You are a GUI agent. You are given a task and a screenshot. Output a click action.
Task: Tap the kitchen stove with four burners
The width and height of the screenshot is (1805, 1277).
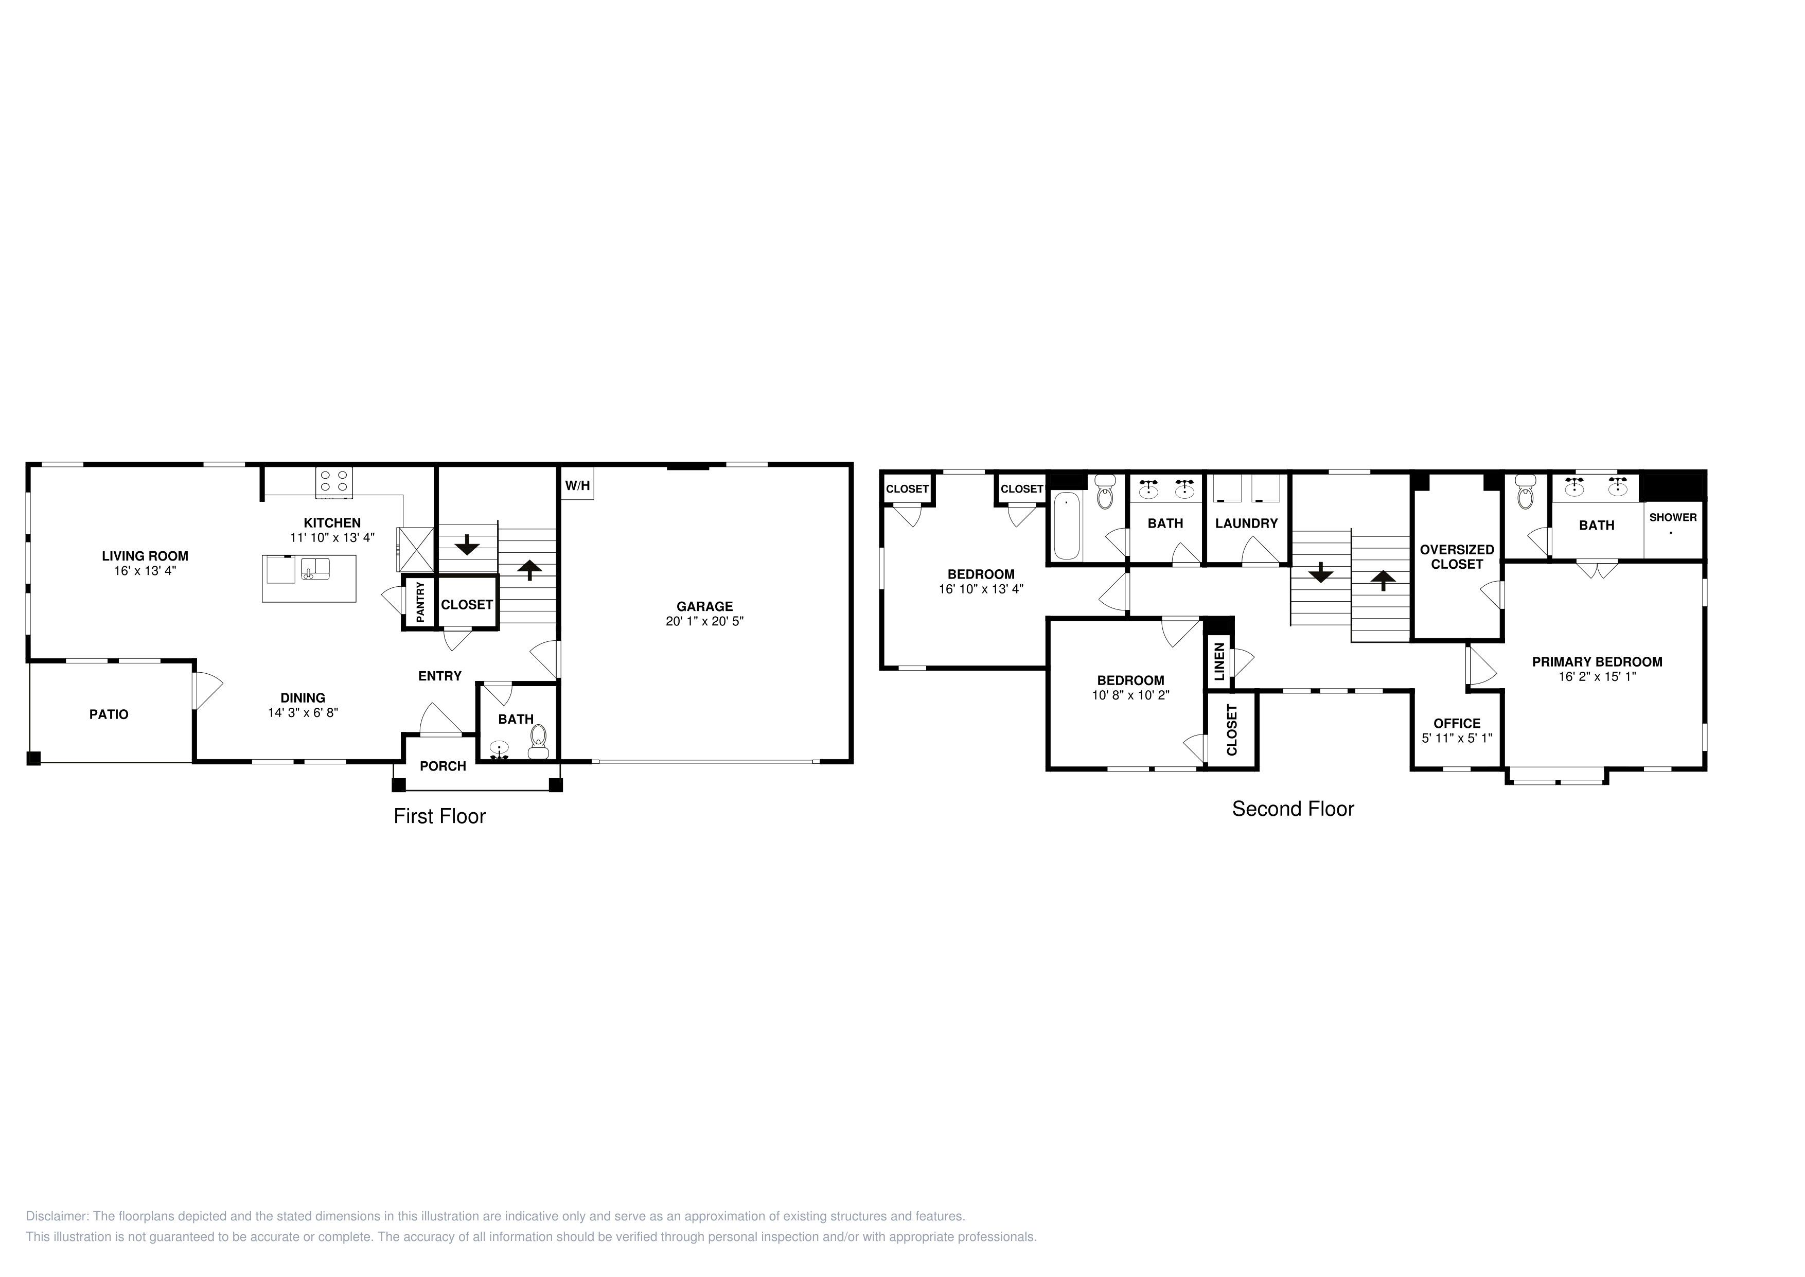334,482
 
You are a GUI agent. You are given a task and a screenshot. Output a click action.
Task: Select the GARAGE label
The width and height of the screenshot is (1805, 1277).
704,606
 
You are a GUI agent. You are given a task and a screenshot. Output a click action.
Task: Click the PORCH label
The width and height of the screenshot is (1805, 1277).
443,766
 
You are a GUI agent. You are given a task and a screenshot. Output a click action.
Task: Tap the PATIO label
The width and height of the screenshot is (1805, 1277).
109,714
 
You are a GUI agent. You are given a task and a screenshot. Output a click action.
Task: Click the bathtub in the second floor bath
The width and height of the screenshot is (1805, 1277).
1067,526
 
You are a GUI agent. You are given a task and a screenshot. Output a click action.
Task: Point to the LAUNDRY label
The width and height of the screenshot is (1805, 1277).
1246,523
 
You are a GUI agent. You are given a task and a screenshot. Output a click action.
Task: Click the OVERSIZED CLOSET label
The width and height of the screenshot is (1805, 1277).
1457,557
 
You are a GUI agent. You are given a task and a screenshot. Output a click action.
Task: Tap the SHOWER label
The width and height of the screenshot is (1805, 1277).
1673,517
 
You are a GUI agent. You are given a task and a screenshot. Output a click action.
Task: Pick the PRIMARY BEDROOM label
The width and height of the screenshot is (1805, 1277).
1597,662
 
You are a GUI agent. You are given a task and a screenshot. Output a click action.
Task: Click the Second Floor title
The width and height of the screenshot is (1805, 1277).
1293,809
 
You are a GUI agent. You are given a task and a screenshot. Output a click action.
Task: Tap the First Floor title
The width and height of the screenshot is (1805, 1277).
439,816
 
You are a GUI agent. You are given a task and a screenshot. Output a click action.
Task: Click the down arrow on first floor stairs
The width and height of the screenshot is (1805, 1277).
467,544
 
